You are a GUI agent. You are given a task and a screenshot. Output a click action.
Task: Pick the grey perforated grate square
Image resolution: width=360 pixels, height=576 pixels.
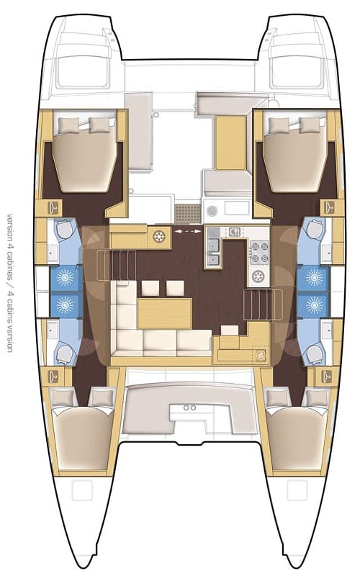pyautogui.click(x=187, y=212)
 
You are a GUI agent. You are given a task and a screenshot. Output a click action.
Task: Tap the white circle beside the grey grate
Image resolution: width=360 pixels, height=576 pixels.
pyautogui.click(x=212, y=210)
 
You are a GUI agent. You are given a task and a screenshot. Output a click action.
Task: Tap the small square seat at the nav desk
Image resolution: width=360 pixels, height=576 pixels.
pyautogui.click(x=229, y=330)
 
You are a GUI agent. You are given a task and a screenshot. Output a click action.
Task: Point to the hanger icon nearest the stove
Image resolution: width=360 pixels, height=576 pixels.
pyautogui.click(x=329, y=207)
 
